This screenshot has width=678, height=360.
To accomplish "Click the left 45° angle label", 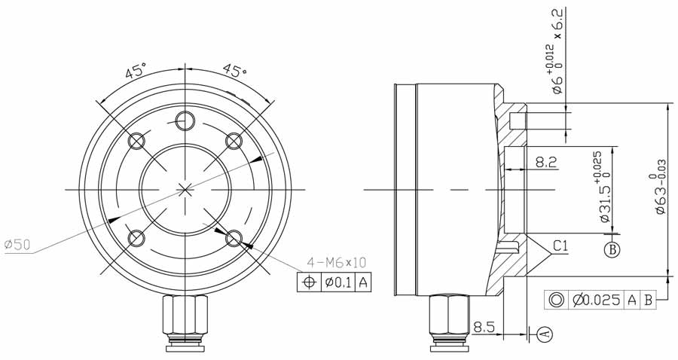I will point(135,72).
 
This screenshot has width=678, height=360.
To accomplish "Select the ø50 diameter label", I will point(17,245).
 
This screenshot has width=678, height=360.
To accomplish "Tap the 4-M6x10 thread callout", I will point(335,263).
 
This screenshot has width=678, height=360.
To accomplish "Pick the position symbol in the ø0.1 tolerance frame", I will point(307,282).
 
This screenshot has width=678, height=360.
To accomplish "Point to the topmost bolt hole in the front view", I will point(185,120).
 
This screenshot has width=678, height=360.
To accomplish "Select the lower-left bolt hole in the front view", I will point(136,239).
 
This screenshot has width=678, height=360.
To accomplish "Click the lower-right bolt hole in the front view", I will point(234,239).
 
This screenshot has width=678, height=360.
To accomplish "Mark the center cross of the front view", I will point(185,188).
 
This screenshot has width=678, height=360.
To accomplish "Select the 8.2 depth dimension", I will point(546,161).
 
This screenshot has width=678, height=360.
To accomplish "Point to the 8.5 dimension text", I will point(485,328).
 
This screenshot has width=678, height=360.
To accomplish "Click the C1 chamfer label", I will point(560,246).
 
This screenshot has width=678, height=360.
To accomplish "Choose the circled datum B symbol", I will point(612,250).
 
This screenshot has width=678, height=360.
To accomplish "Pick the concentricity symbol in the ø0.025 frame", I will point(557,301).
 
